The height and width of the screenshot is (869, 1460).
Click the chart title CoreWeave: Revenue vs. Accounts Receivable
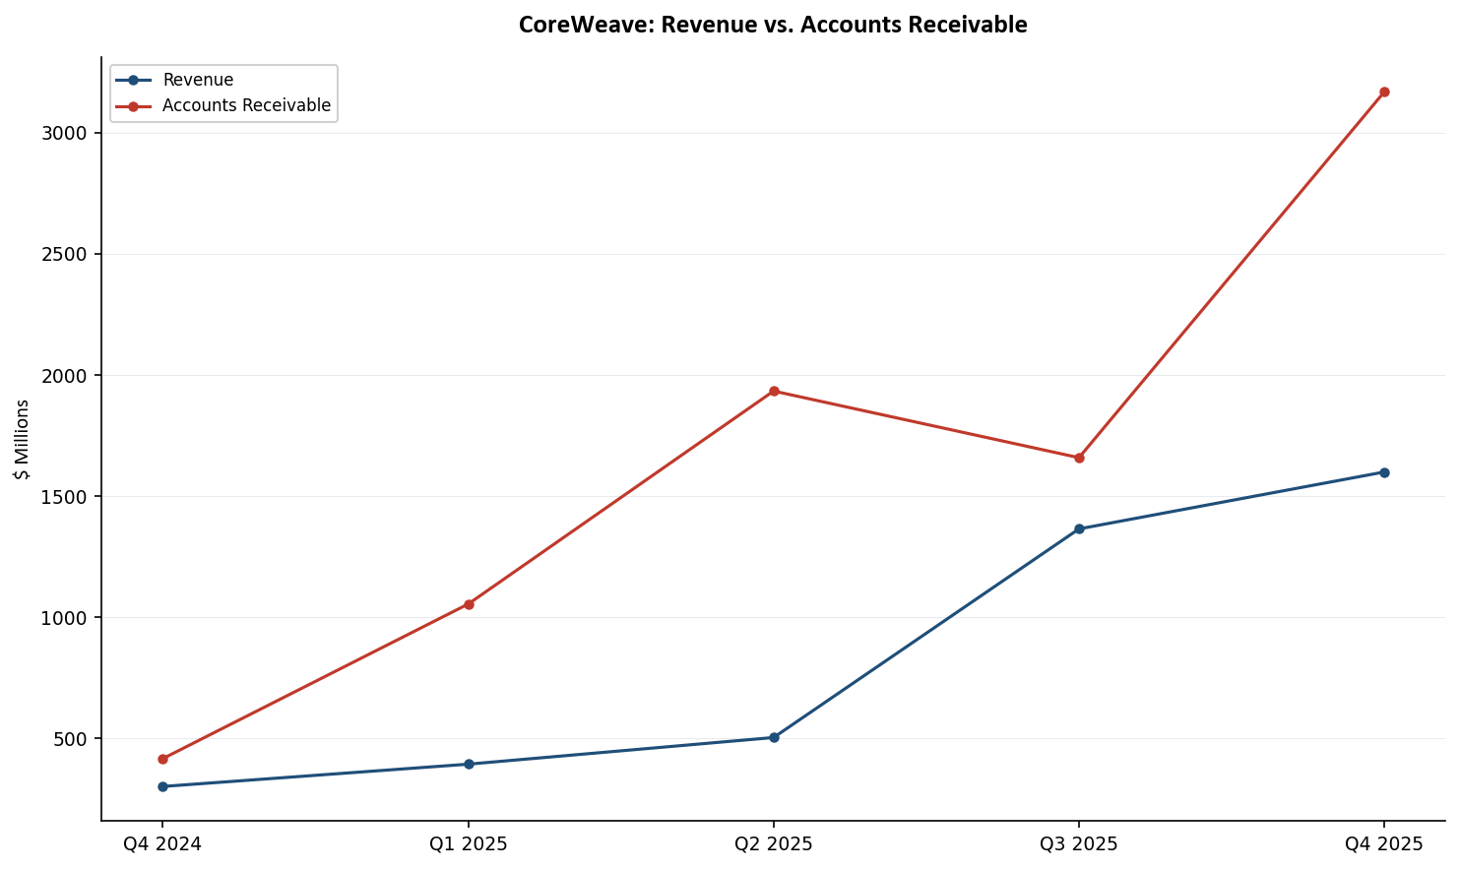click(773, 26)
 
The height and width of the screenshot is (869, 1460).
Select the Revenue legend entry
click(198, 81)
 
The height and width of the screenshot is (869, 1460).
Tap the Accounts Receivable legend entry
click(246, 105)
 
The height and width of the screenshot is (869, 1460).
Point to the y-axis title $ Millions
click(22, 439)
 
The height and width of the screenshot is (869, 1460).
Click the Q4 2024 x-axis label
click(162, 844)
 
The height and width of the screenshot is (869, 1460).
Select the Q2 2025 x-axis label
click(774, 844)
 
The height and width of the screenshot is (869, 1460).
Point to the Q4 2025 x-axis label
click(1384, 844)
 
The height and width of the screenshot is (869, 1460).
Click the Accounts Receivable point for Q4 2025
click(1384, 93)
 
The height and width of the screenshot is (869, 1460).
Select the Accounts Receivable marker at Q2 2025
click(774, 392)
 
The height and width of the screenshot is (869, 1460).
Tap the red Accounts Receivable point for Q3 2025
click(1079, 458)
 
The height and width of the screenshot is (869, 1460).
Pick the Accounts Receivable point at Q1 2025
click(469, 604)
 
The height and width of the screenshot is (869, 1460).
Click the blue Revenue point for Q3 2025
click(1079, 528)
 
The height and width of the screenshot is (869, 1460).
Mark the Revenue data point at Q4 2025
click(1384, 472)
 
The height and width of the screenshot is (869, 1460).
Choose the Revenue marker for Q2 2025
click(774, 737)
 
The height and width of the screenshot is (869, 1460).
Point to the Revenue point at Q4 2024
click(162, 786)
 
